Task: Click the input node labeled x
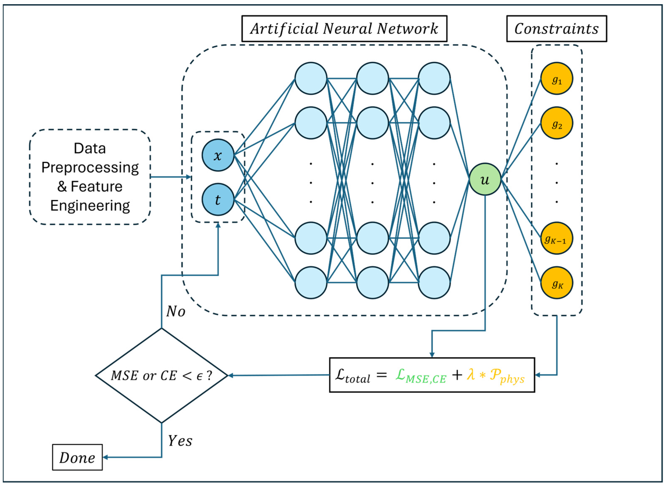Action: pyautogui.click(x=218, y=155)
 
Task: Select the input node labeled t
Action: pyautogui.click(x=218, y=199)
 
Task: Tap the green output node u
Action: pyautogui.click(x=485, y=179)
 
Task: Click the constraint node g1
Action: pyautogui.click(x=556, y=78)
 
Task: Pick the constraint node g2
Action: pyautogui.click(x=556, y=123)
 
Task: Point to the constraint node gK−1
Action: pyautogui.click(x=556, y=238)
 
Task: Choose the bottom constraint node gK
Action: pyautogui.click(x=556, y=283)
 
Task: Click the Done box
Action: pyautogui.click(x=77, y=457)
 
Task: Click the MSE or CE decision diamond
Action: pyautogui.click(x=162, y=376)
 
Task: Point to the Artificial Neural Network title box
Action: pyautogui.click(x=344, y=28)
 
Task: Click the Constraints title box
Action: pyautogui.click(x=556, y=28)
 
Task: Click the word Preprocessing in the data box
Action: pyautogui.click(x=90, y=167)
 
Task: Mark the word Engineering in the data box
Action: pyautogui.click(x=90, y=206)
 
